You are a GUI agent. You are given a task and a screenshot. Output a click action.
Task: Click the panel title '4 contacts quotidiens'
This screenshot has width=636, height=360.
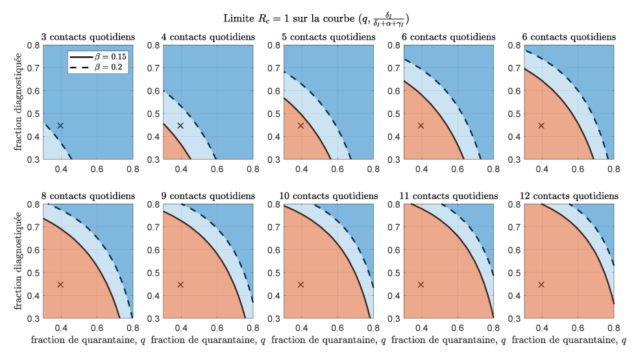pos(207,37)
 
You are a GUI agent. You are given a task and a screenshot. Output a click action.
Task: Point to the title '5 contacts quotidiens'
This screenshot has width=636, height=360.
pos(327,37)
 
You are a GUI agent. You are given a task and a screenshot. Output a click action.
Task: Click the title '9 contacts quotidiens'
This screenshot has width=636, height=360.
pos(207,195)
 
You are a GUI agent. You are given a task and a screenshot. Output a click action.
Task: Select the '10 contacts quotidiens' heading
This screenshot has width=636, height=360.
pos(327,195)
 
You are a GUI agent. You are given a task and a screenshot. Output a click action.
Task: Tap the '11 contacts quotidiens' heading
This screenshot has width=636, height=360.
pos(447,195)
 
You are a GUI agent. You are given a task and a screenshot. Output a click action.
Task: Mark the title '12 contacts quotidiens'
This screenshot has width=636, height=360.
pos(567,195)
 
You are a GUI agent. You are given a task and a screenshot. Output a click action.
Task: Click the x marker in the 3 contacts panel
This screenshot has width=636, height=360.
pos(60,126)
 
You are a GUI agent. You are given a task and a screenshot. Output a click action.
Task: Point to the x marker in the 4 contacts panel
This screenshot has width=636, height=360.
pos(180,126)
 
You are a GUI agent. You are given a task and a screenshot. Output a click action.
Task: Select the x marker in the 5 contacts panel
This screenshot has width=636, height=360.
pos(300,126)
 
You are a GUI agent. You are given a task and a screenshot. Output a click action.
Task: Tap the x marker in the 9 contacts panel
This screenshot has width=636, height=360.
pos(180,285)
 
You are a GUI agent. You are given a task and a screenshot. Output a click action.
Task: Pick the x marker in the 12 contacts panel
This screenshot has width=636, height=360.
pos(541,285)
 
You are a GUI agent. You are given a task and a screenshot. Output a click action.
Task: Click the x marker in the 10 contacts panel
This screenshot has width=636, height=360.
pos(300,285)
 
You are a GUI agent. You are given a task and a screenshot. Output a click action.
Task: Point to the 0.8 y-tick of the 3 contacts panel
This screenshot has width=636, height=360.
pos(34,45)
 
